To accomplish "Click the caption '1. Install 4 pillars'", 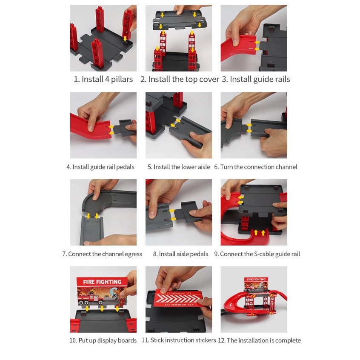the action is coord(103,80).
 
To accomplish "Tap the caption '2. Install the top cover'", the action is coord(180,80).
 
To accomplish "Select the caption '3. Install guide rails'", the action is coord(256,80).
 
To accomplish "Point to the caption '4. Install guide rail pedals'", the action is coord(100,167).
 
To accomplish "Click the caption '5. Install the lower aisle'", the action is coord(179,167).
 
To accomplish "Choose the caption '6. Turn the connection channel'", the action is coord(256,167).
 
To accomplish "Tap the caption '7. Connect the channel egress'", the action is coord(102,254).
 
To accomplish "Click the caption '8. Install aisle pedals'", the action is coord(180,254).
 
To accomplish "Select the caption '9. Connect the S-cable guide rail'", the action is coord(257,254).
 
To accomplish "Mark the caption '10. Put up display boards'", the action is coord(103,340).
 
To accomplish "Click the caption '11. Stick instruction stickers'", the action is coord(179,340).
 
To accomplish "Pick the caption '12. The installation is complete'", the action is coord(259,340).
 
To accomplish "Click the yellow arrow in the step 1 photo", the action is coord(125,38).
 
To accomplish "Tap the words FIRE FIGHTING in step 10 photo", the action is coord(102,282).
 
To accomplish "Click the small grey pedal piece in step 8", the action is coord(188,212).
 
